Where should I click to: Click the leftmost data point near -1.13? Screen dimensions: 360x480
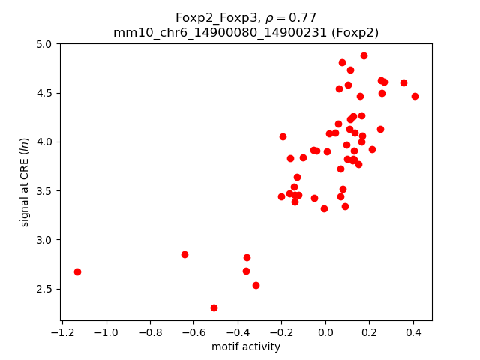coord(77,271)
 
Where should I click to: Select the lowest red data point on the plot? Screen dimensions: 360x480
coord(214,307)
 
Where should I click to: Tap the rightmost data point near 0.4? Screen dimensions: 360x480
coord(415,96)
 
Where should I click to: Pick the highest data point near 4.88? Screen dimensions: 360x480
coord(364,55)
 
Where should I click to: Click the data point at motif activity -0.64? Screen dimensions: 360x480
coord(184,254)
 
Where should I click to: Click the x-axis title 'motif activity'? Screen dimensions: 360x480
coord(246,346)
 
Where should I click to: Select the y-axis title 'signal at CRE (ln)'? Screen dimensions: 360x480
coord(25,182)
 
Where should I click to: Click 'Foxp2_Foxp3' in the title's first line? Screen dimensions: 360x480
coord(210,17)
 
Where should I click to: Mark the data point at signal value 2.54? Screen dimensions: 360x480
coord(256,285)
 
